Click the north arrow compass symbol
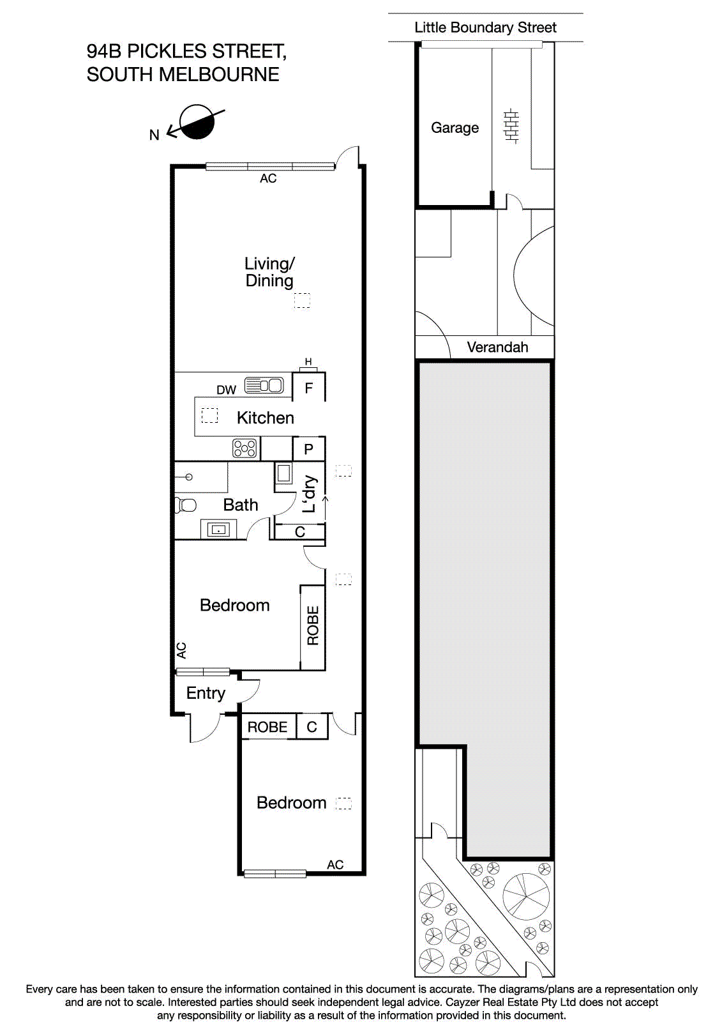point(197,123)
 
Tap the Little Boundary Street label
point(485,27)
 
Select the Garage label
point(455,128)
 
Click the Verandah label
point(497,347)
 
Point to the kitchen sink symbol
point(264,385)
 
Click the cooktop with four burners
point(245,448)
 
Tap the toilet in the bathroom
point(185,505)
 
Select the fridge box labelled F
point(309,388)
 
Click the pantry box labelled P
point(309,449)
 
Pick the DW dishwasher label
point(226,390)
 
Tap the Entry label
point(206,693)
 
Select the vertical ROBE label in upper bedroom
point(313,626)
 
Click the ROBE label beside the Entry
point(267,727)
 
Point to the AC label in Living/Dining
point(268,179)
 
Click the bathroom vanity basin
point(219,530)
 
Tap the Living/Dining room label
point(269,272)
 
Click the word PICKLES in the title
point(167,51)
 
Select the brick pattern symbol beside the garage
point(511,126)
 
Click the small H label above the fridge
point(308,362)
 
